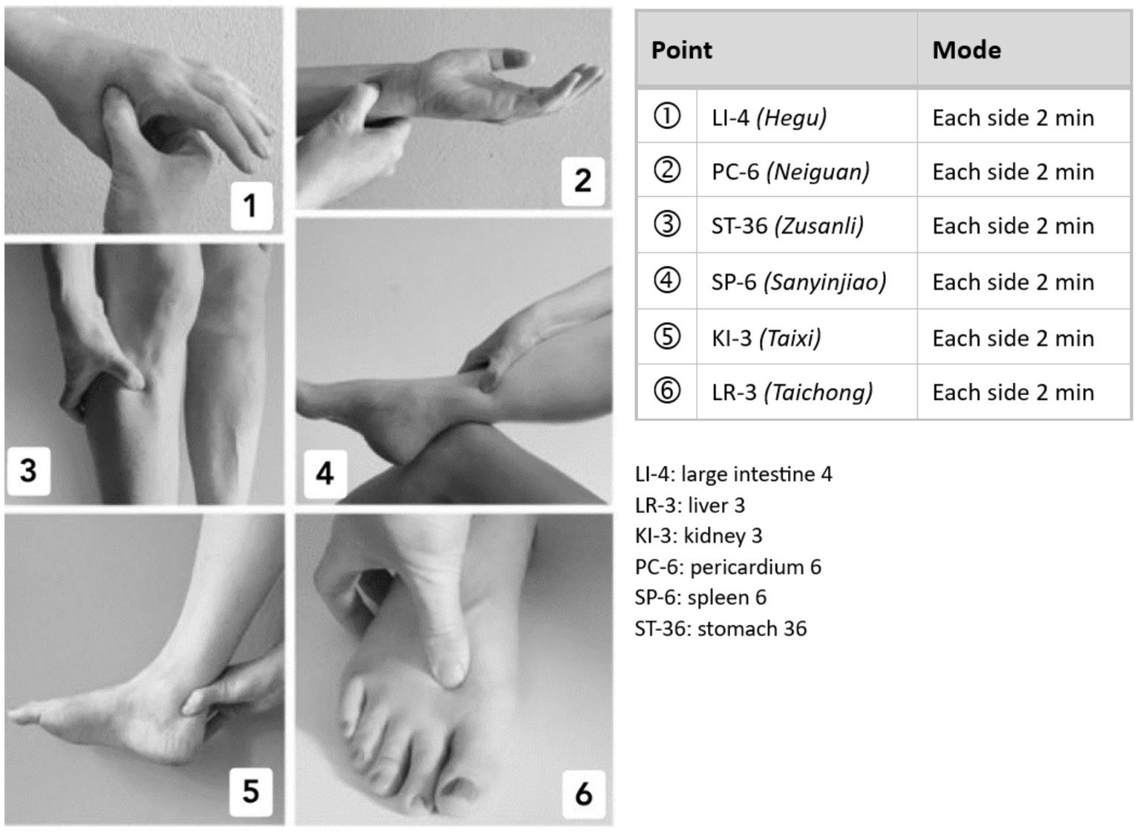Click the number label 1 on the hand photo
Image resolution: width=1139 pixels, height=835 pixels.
pyautogui.click(x=250, y=206)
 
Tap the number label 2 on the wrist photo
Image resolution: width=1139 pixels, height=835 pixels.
pyautogui.click(x=582, y=180)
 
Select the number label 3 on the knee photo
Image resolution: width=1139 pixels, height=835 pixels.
pyautogui.click(x=28, y=470)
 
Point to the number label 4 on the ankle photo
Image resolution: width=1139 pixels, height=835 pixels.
pyautogui.click(x=324, y=473)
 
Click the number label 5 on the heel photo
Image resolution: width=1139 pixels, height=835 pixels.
pyautogui.click(x=251, y=791)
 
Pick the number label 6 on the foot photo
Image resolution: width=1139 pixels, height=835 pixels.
pyautogui.click(x=583, y=793)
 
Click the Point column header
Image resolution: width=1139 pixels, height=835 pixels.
pyautogui.click(x=681, y=50)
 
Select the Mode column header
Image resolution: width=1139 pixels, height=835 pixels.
pyautogui.click(x=966, y=50)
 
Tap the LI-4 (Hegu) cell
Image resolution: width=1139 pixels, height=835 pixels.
pyautogui.click(x=769, y=117)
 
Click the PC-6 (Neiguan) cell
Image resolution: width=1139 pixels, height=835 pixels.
pyautogui.click(x=790, y=171)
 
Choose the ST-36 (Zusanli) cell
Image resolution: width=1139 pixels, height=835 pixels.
pyautogui.click(x=787, y=226)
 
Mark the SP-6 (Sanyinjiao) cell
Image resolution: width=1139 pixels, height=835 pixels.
pyautogui.click(x=798, y=282)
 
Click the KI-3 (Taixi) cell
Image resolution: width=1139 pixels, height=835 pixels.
pyautogui.click(x=766, y=338)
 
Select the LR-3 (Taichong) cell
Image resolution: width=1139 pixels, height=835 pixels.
pyautogui.click(x=792, y=392)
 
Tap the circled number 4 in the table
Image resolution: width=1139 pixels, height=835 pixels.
pyautogui.click(x=666, y=281)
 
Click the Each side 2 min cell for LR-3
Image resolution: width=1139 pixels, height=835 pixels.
pyautogui.click(x=1013, y=392)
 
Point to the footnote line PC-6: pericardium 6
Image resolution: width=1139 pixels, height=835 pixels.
pyautogui.click(x=728, y=567)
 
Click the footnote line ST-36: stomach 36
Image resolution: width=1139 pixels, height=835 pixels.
pyautogui.click(x=721, y=629)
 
